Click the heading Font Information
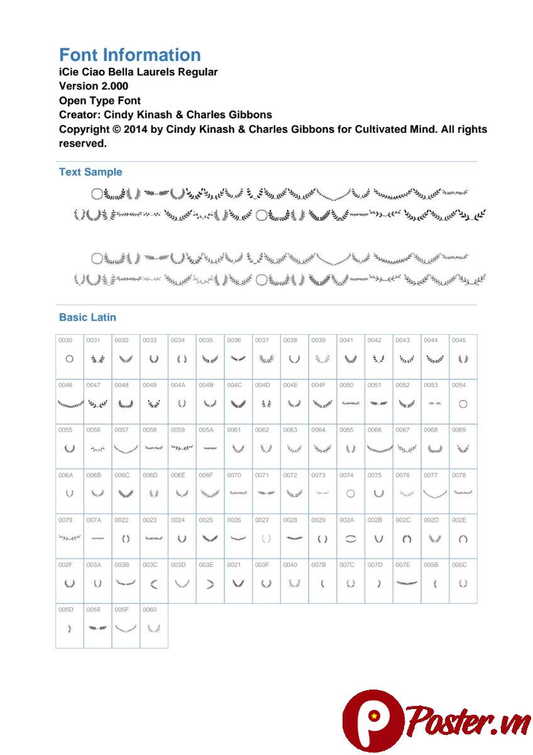[129, 55]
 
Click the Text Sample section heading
[91, 172]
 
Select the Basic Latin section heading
[87, 317]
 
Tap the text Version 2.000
[94, 86]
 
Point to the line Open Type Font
[100, 101]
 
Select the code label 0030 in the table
[65, 340]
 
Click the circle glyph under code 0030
[69, 359]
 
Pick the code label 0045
[459, 340]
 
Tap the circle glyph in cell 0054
[463, 404]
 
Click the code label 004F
[318, 385]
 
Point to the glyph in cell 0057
[126, 449]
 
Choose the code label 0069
[459, 430]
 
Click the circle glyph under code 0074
[351, 494]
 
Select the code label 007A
[94, 520]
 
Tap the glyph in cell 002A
[351, 539]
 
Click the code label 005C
[459, 565]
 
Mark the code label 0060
[150, 610]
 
